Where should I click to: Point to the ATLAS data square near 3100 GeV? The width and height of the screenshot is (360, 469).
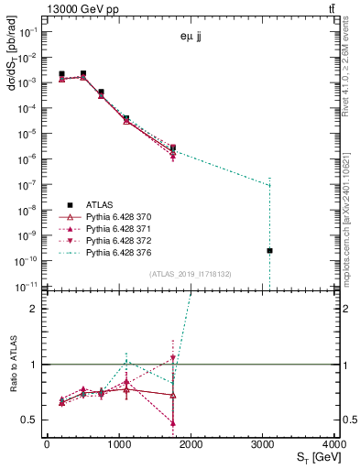(x=269, y=250)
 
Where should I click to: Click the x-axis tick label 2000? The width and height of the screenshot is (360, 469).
(x=191, y=444)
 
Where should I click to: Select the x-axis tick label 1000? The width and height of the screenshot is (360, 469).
(x=119, y=444)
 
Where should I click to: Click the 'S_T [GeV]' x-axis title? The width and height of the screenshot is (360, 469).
(x=313, y=458)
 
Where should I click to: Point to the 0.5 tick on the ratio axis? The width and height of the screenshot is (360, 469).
(x=30, y=420)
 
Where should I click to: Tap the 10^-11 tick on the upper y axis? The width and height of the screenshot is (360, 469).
(x=26, y=286)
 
